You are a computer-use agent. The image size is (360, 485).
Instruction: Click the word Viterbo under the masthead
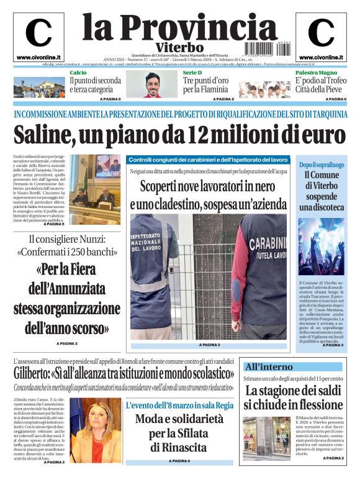[x=179, y=47]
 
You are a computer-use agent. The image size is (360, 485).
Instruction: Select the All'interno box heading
[x=269, y=367]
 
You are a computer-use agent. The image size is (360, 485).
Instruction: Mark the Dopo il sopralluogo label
[x=322, y=165]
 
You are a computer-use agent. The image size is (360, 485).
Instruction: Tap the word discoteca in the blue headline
[x=322, y=207]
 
